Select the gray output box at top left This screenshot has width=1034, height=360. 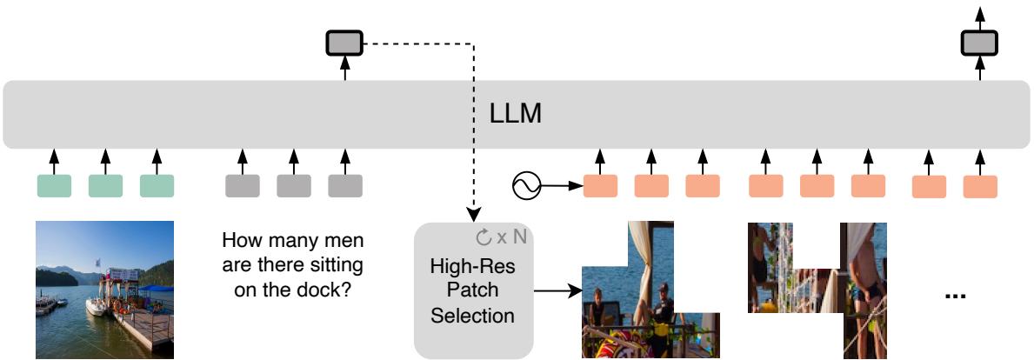tap(345, 42)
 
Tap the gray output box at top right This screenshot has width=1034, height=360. tap(980, 42)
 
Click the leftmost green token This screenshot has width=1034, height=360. tap(54, 185)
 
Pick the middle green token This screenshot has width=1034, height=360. tap(105, 185)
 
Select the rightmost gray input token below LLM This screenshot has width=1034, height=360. tap(345, 185)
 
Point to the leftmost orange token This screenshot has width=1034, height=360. tap(600, 185)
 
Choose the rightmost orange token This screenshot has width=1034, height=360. tap(980, 185)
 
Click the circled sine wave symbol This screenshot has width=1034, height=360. tap(527, 185)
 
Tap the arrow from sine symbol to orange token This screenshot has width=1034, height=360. tap(561, 185)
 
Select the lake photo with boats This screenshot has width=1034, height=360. tap(104, 289)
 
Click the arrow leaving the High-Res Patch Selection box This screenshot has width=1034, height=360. tap(557, 291)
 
